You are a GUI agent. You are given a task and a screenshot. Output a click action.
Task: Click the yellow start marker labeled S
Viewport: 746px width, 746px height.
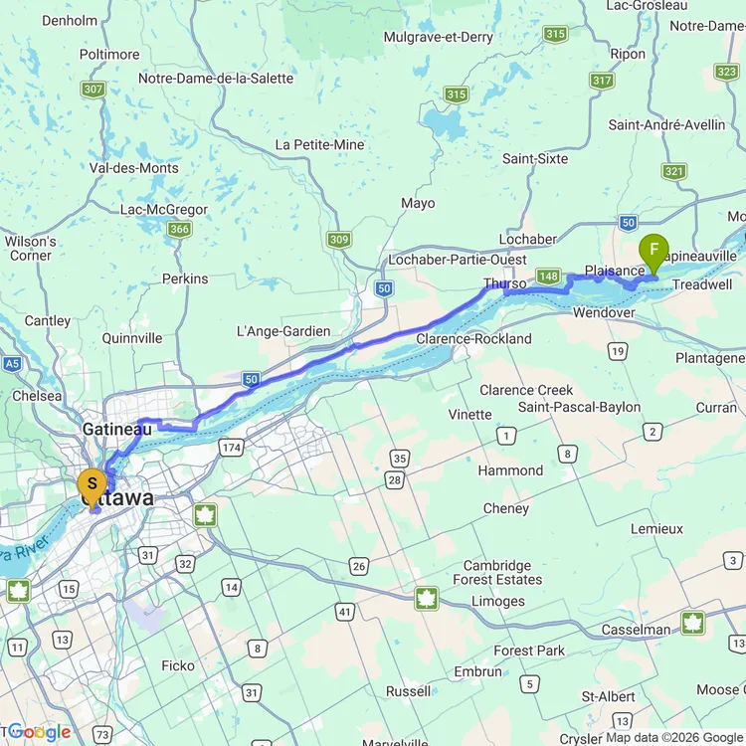click(x=92, y=484)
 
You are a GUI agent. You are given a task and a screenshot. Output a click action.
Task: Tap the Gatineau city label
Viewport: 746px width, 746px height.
click(x=116, y=429)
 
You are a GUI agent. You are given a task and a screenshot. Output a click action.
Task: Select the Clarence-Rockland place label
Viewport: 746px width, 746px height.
click(x=473, y=338)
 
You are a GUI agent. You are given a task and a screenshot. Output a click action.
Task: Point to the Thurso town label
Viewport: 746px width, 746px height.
click(x=504, y=283)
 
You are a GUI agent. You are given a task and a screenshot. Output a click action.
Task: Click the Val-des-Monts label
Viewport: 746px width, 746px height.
click(x=133, y=168)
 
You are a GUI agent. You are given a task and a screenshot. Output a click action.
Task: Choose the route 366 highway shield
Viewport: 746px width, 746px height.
click(x=179, y=230)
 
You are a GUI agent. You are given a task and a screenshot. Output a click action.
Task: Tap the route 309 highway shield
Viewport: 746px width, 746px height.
click(x=339, y=240)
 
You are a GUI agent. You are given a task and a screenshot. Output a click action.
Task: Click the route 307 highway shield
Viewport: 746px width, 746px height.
click(x=93, y=90)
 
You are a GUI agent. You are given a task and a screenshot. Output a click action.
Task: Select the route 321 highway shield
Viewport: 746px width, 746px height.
click(x=674, y=171)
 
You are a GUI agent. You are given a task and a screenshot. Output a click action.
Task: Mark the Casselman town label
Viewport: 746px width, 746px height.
click(x=636, y=630)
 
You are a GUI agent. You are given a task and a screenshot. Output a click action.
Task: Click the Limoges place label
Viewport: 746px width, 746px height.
click(x=498, y=601)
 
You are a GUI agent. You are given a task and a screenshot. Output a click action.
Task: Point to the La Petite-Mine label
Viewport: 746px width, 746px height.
click(x=320, y=144)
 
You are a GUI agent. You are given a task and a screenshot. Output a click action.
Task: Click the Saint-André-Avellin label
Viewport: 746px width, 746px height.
click(x=666, y=124)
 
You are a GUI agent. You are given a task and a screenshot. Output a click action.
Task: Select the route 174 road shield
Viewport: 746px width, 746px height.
click(x=231, y=449)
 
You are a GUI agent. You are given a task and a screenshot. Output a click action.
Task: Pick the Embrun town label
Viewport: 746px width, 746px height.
click(x=477, y=671)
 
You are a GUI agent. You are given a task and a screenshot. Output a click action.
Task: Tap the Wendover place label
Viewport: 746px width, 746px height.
click(x=604, y=312)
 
